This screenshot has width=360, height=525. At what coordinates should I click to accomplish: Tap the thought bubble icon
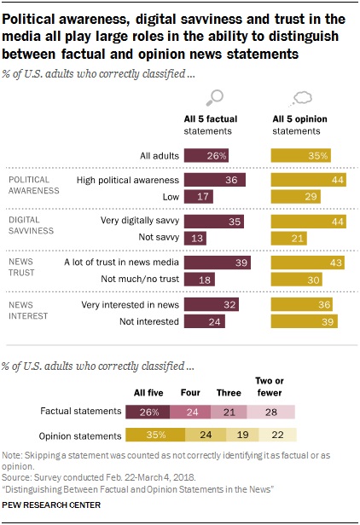coord(301,96)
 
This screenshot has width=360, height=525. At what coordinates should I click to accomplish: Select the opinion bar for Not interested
coord(304,321)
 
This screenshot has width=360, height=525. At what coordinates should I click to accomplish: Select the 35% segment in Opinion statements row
coord(155,434)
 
